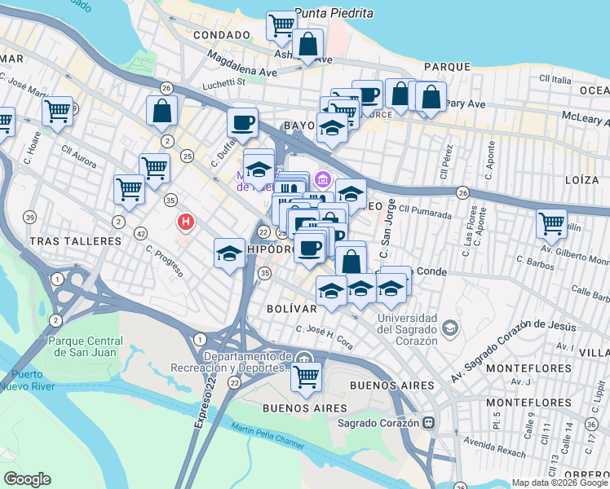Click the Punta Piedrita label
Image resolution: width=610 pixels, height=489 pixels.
coord(334,13)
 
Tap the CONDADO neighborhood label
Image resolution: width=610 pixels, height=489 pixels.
coord(222,35)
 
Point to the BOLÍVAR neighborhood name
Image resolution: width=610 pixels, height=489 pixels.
coord(291,310)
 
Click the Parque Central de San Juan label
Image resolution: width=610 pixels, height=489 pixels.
coord(82,346)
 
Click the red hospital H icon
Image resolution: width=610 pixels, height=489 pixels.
coord(187,221)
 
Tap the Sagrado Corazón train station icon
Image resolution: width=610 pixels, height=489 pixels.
coord(427,423)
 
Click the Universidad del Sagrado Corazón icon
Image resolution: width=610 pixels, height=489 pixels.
coord(449,328)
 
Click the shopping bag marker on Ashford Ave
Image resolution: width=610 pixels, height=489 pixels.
coord(308,45)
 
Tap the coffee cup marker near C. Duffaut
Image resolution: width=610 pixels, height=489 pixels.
coord(243,123)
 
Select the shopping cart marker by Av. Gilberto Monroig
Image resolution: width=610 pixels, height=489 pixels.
coord(552,222)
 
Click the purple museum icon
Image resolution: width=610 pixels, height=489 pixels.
coord(323,178)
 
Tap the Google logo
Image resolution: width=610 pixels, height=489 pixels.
coord(28,478)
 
